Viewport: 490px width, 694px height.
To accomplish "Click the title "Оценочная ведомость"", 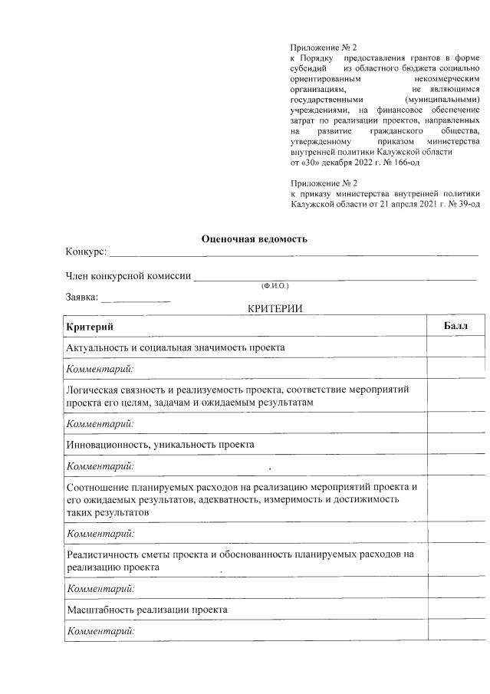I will [254, 238].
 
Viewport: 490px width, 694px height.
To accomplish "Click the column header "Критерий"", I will [90, 327].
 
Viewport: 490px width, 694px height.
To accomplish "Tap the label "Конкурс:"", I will [86, 252].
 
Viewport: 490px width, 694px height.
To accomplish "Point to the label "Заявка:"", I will [81, 297].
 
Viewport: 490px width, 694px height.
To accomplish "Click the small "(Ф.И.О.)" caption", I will [274, 286].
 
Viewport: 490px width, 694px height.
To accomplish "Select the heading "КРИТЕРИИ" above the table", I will [275, 308].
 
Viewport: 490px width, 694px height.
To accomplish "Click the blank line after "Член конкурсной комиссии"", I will [335, 278].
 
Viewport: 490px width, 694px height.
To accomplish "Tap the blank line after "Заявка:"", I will [136, 298].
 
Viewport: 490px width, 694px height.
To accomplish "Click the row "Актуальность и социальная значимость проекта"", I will [176, 347].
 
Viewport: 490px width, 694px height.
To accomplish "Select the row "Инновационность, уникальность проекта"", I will [160, 444].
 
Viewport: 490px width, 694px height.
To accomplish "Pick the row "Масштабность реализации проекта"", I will [147, 610].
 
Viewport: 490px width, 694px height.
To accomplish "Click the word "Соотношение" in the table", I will [99, 487].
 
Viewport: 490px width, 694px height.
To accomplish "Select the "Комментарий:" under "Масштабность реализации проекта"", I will [100, 631].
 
